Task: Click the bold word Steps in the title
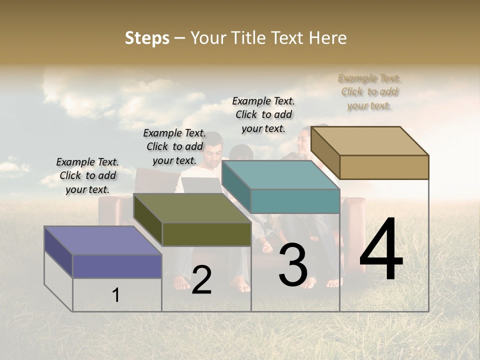(147, 38)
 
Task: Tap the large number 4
(381, 250)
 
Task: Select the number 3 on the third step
(293, 265)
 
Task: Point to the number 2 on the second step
(201, 280)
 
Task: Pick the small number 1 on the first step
(116, 295)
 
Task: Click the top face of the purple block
(102, 240)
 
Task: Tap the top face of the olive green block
(192, 208)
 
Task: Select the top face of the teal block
(280, 175)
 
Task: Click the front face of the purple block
(117, 266)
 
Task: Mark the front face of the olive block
(206, 234)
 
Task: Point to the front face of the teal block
(295, 201)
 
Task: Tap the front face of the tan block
(384, 167)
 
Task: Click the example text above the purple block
(87, 176)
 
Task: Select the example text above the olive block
(174, 147)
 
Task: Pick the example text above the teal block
(263, 115)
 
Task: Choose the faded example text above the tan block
(369, 92)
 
